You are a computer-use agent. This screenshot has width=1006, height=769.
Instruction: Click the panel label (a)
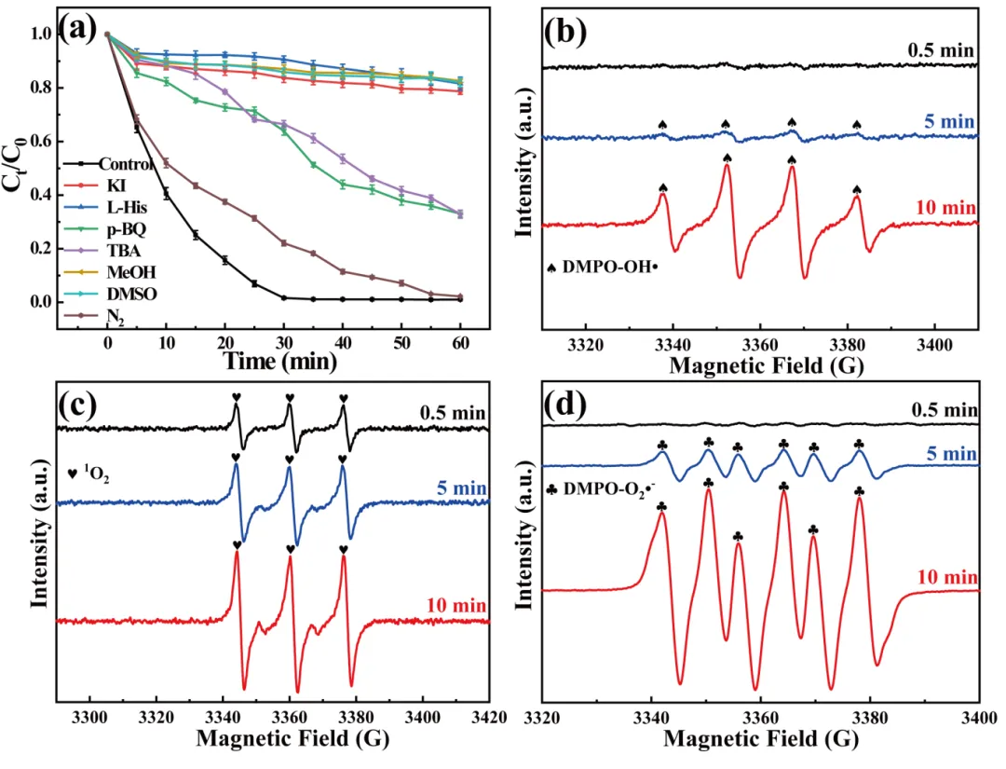77,30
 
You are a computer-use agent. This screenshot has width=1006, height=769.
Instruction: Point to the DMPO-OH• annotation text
606,267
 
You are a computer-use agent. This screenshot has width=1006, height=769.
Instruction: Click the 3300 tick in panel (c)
89,719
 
